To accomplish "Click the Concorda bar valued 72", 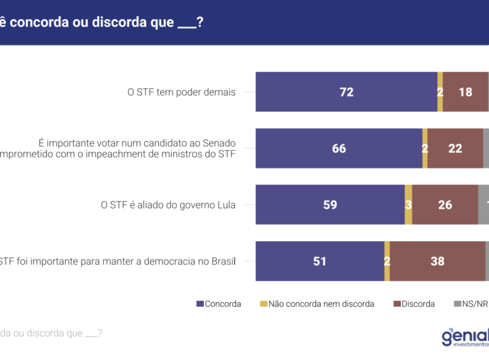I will click(x=346, y=92).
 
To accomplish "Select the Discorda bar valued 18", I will click(x=465, y=92).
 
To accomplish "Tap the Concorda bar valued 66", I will click(x=339, y=148).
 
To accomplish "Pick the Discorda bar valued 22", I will click(x=455, y=148).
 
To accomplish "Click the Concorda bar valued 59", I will click(x=330, y=204).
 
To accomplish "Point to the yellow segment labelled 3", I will click(x=408, y=204).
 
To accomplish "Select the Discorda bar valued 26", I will click(x=445, y=204).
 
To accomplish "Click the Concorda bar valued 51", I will click(x=320, y=261).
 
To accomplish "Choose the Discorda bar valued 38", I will click(x=437, y=261).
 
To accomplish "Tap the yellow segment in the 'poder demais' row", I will click(x=440, y=92).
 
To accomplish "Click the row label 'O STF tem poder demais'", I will click(x=181, y=92).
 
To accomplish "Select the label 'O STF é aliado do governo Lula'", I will click(x=168, y=205).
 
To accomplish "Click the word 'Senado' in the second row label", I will click(x=218, y=143).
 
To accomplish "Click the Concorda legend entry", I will click(x=219, y=304).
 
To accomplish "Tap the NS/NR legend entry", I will click(x=471, y=304).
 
